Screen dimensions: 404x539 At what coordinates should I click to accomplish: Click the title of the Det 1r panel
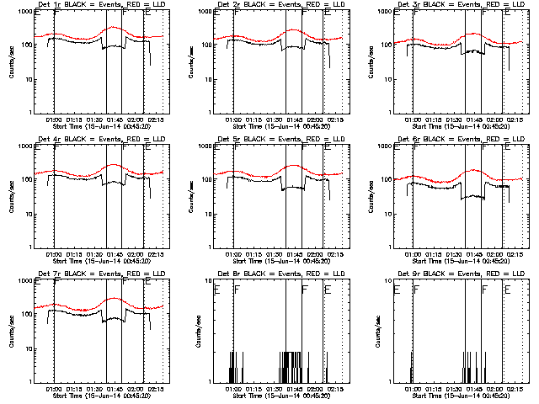pyautogui.click(x=100, y=5)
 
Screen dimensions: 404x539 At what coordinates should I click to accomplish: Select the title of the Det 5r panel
pyautogui.click(x=280, y=140)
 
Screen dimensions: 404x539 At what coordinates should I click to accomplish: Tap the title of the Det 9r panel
pyautogui.click(x=459, y=274)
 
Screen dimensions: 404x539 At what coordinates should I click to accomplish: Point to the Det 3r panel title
pyautogui.click(x=459, y=5)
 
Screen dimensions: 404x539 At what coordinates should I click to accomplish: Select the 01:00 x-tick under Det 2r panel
pyautogui.click(x=233, y=120)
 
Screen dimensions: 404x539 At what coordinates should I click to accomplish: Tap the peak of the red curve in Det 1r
pyautogui.click(x=115, y=27)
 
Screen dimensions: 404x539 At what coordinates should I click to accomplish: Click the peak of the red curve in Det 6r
pyautogui.click(x=472, y=170)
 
